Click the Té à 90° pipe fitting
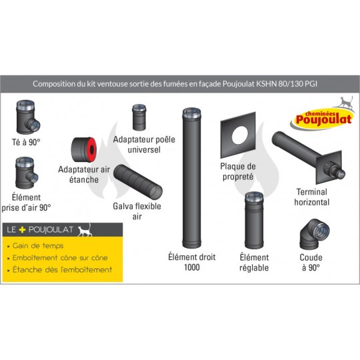click(x=27, y=117)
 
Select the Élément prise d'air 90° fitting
click(x=25, y=173)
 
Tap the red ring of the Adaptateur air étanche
click(x=91, y=150)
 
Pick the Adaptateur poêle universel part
click(x=139, y=117)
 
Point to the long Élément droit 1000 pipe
click(x=192, y=177)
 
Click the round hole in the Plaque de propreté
click(x=240, y=135)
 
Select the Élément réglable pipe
click(x=254, y=221)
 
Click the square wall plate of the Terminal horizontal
click(x=329, y=167)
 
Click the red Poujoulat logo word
click(x=324, y=119)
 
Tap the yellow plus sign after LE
click(x=22, y=229)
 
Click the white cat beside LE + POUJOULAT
click(x=85, y=230)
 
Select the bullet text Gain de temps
click(x=38, y=246)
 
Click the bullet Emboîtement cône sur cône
click(x=60, y=258)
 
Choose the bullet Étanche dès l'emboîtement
click(x=62, y=269)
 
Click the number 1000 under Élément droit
click(x=192, y=267)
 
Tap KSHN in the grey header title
click(x=266, y=84)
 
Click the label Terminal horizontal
click(x=312, y=197)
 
